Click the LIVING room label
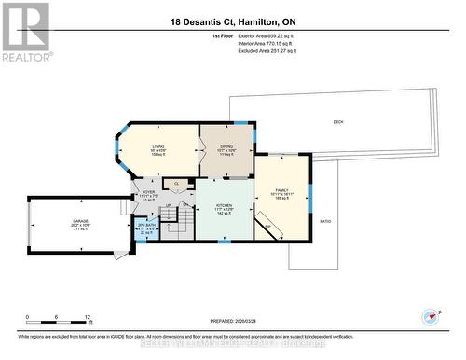(x=158, y=146)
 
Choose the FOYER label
(x=148, y=194)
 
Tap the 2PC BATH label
(x=145, y=228)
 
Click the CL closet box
(x=176, y=184)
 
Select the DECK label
(x=337, y=122)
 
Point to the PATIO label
(x=325, y=221)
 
